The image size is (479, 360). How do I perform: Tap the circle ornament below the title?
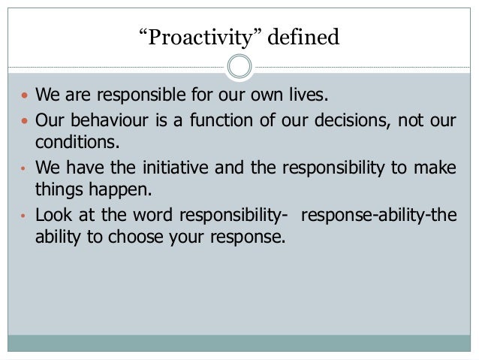click(x=239, y=67)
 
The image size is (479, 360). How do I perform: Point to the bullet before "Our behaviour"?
click(x=24, y=120)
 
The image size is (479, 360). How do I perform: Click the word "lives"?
click(x=307, y=97)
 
